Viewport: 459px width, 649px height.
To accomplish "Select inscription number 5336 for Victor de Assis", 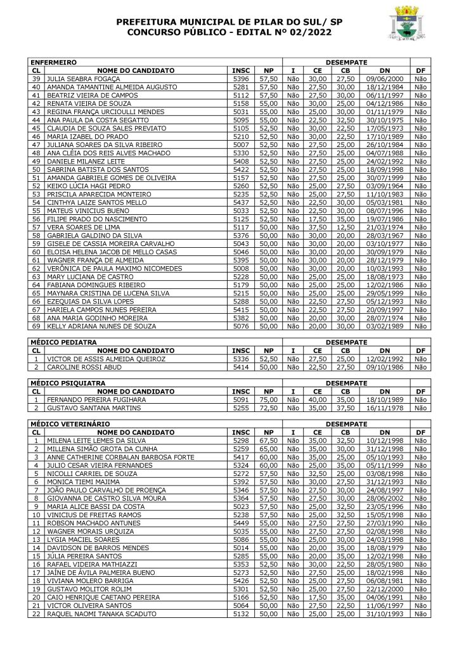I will tap(241, 358).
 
